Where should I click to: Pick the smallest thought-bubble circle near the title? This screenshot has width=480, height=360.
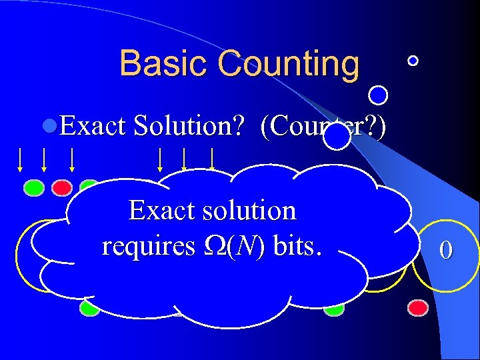pyautogui.click(x=413, y=61)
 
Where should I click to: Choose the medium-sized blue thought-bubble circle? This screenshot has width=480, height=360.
pyautogui.click(x=379, y=96)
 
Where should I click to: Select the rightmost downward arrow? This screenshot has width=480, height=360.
pyautogui.click(x=212, y=158)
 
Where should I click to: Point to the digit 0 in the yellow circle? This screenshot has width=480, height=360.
pyautogui.click(x=446, y=250)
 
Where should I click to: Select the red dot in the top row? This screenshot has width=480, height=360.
pyautogui.click(x=62, y=187)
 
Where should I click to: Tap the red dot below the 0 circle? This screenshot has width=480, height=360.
pyautogui.click(x=418, y=307)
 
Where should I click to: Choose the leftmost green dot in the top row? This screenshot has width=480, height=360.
pyautogui.click(x=34, y=187)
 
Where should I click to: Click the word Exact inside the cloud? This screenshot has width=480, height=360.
pyautogui.click(x=157, y=211)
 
